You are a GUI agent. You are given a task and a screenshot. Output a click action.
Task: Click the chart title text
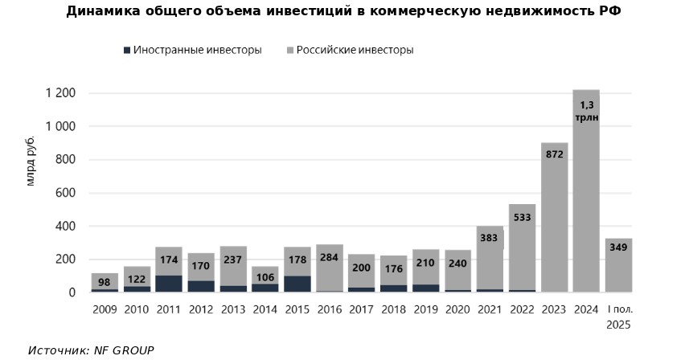tap(344, 11)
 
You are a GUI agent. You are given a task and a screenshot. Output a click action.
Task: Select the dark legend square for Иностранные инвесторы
tap(126, 50)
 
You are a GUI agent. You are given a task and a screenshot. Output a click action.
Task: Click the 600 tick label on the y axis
tap(65, 193)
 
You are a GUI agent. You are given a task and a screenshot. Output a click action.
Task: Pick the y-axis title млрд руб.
tap(31, 162)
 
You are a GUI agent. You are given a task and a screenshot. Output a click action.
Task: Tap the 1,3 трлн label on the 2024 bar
tap(586, 111)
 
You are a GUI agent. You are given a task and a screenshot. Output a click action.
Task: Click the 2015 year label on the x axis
tap(297, 309)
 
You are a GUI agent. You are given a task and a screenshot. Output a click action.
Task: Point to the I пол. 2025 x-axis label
tap(618, 317)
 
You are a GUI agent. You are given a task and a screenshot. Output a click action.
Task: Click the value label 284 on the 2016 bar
tap(330, 258)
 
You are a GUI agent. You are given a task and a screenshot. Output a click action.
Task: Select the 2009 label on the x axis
tap(105, 309)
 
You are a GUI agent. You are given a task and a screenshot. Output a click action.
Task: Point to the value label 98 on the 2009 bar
tap(105, 281)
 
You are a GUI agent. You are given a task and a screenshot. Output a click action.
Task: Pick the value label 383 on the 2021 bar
tap(490, 238)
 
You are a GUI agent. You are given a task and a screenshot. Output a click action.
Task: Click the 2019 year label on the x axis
tap(426, 309)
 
